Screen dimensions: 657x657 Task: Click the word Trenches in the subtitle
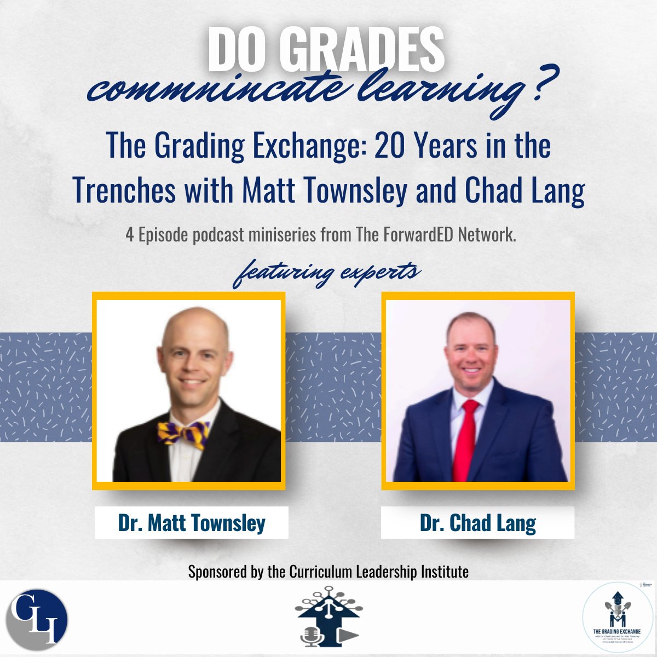[x=124, y=190]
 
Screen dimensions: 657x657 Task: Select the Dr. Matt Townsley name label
[x=192, y=523]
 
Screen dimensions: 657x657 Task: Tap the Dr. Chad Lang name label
[x=477, y=523]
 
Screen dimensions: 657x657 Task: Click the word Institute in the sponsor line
[x=444, y=572]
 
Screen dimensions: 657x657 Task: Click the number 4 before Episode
[x=129, y=235]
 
